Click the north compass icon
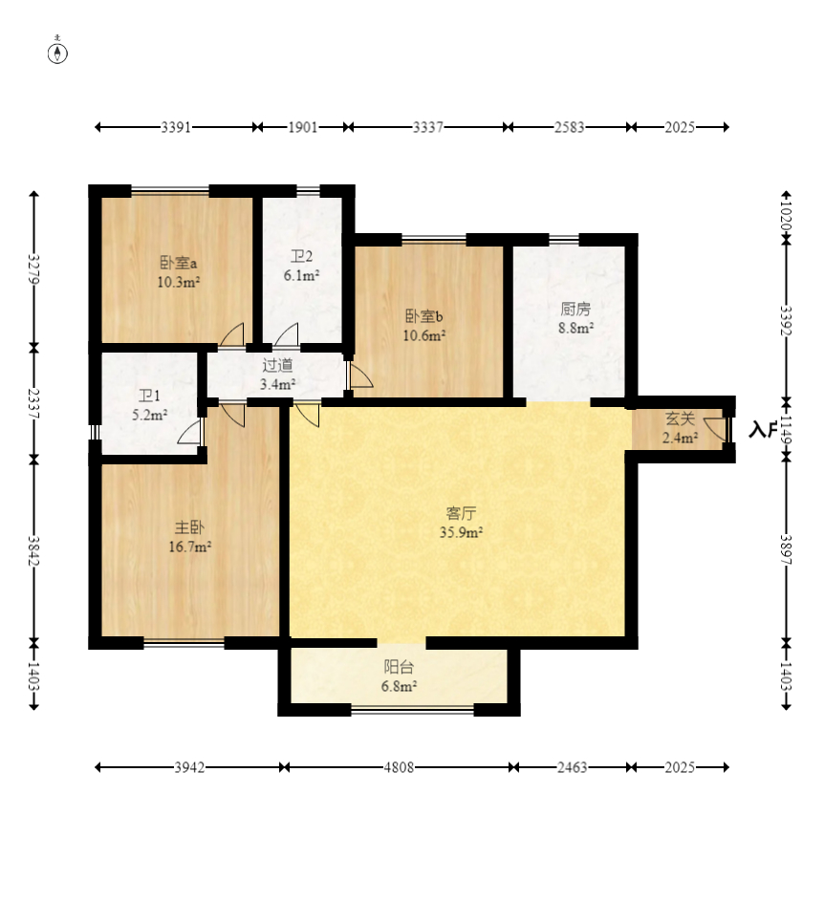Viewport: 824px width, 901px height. pos(57,53)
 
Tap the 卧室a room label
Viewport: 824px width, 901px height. pos(178,263)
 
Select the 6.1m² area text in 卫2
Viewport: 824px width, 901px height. pos(301,276)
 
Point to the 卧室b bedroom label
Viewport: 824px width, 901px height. pos(423,316)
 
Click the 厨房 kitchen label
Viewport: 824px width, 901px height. pos(575,310)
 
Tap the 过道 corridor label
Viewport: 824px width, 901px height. pos(278,365)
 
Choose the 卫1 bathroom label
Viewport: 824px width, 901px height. pos(149,396)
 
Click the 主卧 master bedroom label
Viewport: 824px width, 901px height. pos(189,527)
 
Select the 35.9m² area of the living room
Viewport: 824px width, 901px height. pos(461,533)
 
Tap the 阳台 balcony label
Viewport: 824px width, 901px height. pos(399,667)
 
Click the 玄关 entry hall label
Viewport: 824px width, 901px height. pos(681,418)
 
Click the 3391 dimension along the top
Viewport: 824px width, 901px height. pos(176,127)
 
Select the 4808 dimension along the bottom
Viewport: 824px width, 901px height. pos(399,767)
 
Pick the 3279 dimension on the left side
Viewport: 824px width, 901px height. pos(33,268)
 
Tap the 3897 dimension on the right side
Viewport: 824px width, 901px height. pos(786,549)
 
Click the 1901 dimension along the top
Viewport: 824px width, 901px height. pos(302,127)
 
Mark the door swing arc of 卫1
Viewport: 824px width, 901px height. pos(190,432)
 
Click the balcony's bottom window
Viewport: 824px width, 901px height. pos(412,710)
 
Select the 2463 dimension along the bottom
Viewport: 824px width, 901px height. pos(573,767)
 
